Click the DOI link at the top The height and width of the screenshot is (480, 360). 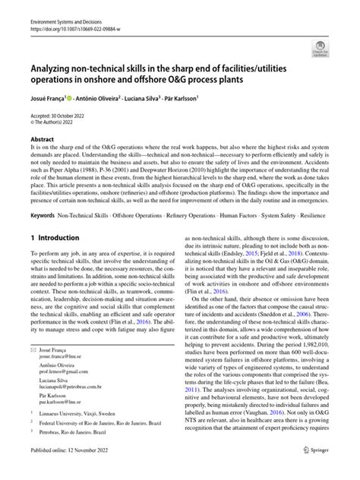70,14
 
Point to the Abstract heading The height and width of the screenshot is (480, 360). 42,141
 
